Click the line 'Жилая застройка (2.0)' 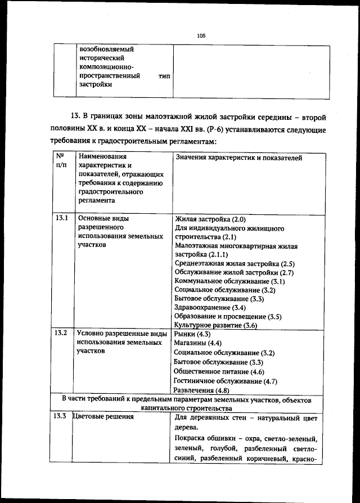click(x=210, y=219)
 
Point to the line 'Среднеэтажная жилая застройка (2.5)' click(x=235, y=263)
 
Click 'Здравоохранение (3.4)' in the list click(x=210, y=308)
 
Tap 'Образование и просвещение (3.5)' click(x=228, y=317)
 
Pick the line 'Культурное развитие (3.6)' click(x=215, y=325)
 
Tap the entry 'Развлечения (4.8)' click(x=201, y=390)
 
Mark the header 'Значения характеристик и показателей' click(x=238, y=158)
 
